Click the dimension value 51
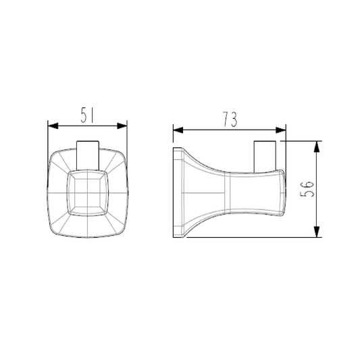click(x=87, y=115)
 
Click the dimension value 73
click(x=230, y=120)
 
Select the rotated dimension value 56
click(x=307, y=189)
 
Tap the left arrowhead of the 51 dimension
click(x=53, y=126)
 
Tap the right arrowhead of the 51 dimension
click(x=122, y=126)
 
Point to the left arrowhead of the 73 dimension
click(x=178, y=130)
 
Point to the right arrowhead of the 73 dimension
click(x=281, y=130)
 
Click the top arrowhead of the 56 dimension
click(x=317, y=147)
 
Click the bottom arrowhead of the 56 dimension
click(x=317, y=232)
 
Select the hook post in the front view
click(x=88, y=155)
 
